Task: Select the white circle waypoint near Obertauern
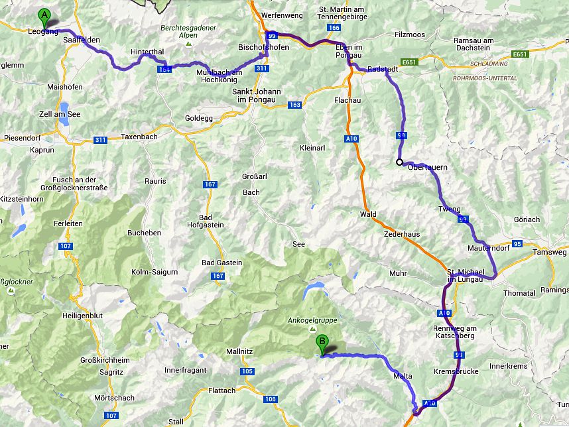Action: click(x=399, y=162)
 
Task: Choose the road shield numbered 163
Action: click(x=294, y=105)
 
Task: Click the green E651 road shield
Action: click(x=409, y=62)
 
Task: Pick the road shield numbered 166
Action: click(x=334, y=27)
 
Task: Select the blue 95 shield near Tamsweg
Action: click(x=517, y=244)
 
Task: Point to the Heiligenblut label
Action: click(x=81, y=316)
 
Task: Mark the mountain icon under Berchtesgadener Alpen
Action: click(x=188, y=44)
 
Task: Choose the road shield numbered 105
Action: click(x=247, y=371)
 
